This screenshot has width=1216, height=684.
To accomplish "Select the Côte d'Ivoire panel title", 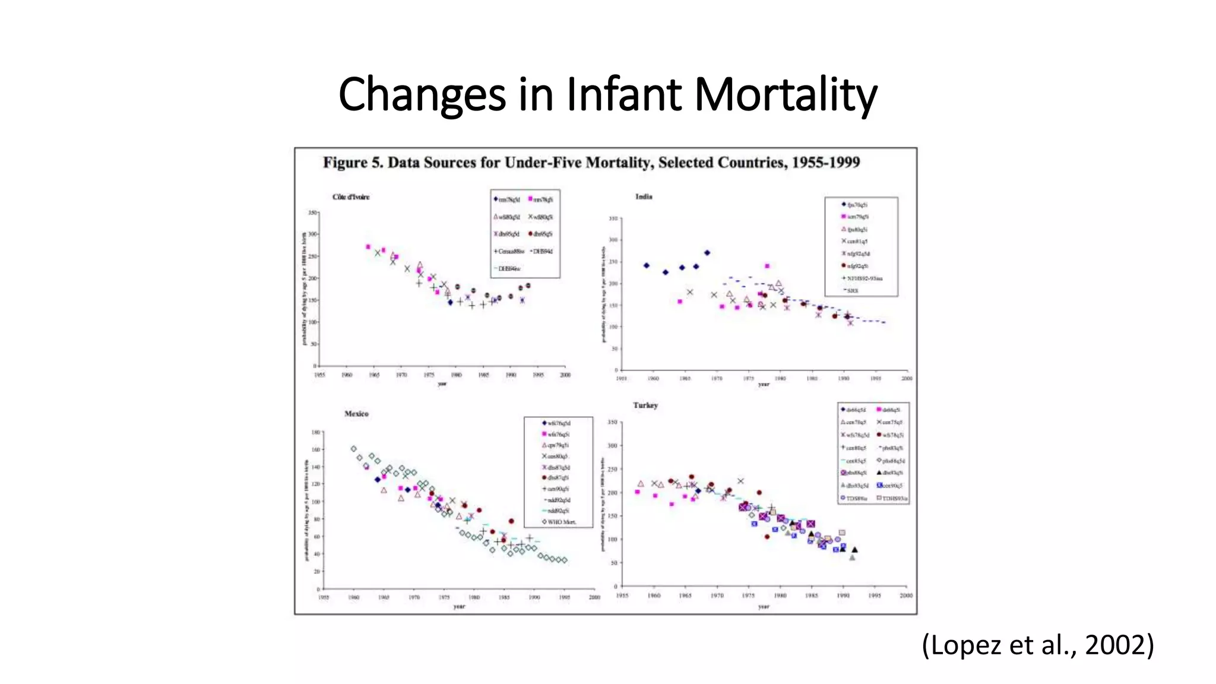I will pyautogui.click(x=351, y=197).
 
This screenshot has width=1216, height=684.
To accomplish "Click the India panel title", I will pyautogui.click(x=644, y=197).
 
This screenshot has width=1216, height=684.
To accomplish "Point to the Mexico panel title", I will pyautogui.click(x=356, y=414).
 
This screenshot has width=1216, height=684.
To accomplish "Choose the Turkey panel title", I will pyautogui.click(x=645, y=406).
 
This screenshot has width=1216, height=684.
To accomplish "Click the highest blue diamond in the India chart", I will pyautogui.click(x=707, y=253).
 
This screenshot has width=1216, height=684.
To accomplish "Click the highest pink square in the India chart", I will pyautogui.click(x=767, y=266).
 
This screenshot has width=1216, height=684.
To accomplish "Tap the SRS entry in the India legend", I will pyautogui.click(x=852, y=290).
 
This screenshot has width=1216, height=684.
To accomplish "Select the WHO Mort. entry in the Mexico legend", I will pyautogui.click(x=558, y=522).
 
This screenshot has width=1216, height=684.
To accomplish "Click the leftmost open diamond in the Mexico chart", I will pyautogui.click(x=354, y=449).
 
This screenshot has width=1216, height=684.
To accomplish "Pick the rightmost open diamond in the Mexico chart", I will pyautogui.click(x=564, y=560).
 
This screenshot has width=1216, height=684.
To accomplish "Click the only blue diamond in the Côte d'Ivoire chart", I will pyautogui.click(x=450, y=303).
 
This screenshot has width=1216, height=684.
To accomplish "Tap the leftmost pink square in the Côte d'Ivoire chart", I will pyautogui.click(x=368, y=246).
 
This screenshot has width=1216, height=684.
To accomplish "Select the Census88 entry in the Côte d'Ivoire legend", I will pyautogui.click(x=509, y=251).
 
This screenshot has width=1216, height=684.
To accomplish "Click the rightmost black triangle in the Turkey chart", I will pyautogui.click(x=854, y=550).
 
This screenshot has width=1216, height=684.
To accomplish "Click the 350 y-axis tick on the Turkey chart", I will pyautogui.click(x=613, y=422).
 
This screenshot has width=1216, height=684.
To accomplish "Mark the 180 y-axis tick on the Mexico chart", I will pyautogui.click(x=316, y=432).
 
